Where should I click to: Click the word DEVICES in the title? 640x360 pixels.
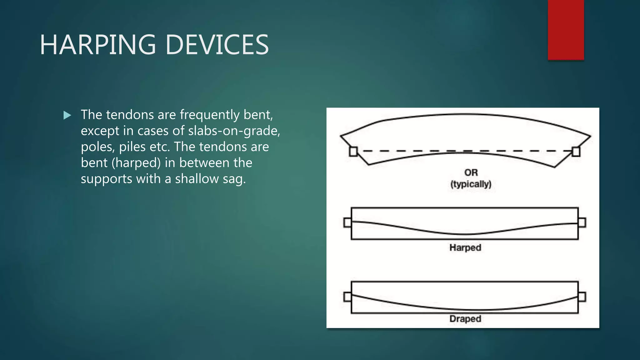(x=217, y=45)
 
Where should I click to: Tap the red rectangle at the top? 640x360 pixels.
(x=566, y=30)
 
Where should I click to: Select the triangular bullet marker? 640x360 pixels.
(x=67, y=115)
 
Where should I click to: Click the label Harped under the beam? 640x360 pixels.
(x=465, y=247)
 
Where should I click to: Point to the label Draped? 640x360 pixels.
(x=465, y=319)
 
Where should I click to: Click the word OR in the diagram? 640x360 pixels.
(x=471, y=172)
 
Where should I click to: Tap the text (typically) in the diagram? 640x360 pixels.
(x=471, y=184)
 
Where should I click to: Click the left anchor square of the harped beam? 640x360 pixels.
(x=347, y=222)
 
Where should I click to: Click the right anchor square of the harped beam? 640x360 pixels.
(x=582, y=222)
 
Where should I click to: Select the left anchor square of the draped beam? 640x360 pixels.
(x=347, y=297)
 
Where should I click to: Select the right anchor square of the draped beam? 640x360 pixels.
(x=582, y=297)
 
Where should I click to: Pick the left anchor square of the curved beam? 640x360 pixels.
(x=353, y=152)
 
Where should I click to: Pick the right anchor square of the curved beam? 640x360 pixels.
(x=576, y=152)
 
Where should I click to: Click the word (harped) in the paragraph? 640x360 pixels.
(x=141, y=163)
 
